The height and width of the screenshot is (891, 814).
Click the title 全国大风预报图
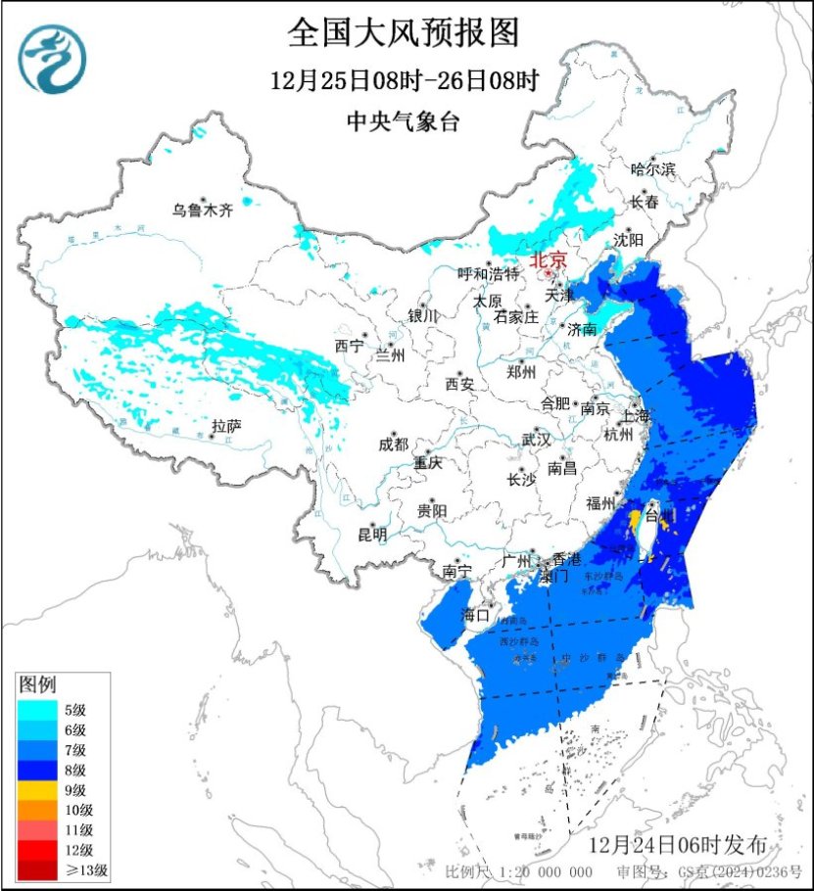tap(403, 33)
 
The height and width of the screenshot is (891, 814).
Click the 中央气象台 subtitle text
tap(403, 122)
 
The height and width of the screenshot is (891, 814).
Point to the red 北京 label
tap(548, 261)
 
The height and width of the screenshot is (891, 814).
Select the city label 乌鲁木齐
tap(204, 210)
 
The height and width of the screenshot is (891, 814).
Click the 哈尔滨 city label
tap(653, 169)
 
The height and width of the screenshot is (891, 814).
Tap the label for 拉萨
tap(226, 426)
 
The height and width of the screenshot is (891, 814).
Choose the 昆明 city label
tap(372, 535)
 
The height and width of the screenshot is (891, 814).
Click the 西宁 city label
tap(348, 346)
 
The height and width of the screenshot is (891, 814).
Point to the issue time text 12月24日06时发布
tap(685, 845)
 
